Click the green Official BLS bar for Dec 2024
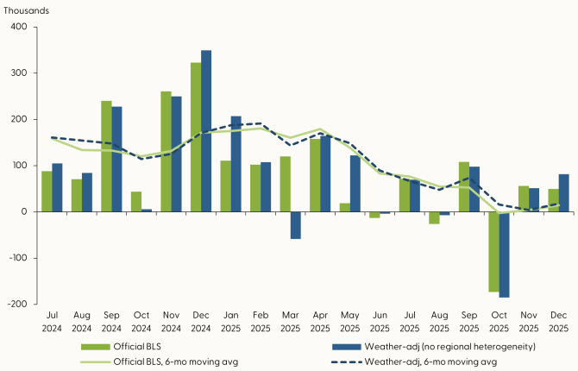[195, 136]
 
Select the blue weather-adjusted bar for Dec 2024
[206, 131]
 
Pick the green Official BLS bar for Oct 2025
[493, 251]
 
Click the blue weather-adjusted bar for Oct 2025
[504, 255]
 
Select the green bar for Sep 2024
[106, 156]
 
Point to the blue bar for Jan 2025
[236, 164]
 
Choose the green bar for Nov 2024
[166, 152]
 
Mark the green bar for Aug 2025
[434, 217]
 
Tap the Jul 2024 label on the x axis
[52, 324]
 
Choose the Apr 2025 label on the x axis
[319, 324]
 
